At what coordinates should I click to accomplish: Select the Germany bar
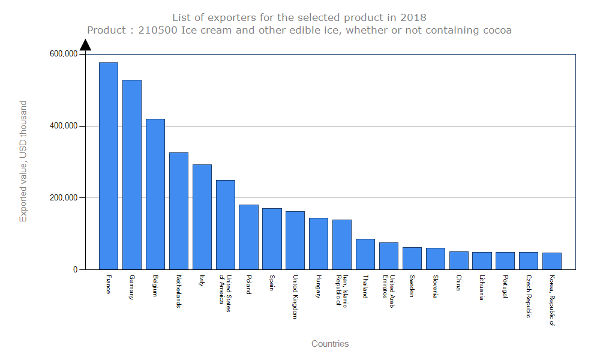132,175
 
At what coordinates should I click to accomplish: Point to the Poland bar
248,237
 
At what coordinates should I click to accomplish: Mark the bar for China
459,260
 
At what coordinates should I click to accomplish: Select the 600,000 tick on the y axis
64,54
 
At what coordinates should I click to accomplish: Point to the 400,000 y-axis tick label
64,126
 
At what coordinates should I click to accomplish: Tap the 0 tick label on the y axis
76,270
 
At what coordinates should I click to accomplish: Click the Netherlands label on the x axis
179,291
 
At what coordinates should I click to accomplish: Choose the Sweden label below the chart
412,286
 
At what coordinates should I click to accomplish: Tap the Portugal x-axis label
506,289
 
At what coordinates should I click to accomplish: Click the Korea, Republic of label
552,300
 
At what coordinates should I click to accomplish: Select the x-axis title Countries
330,344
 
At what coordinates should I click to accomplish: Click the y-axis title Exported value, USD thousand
23,161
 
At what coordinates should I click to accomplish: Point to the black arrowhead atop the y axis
85,45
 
